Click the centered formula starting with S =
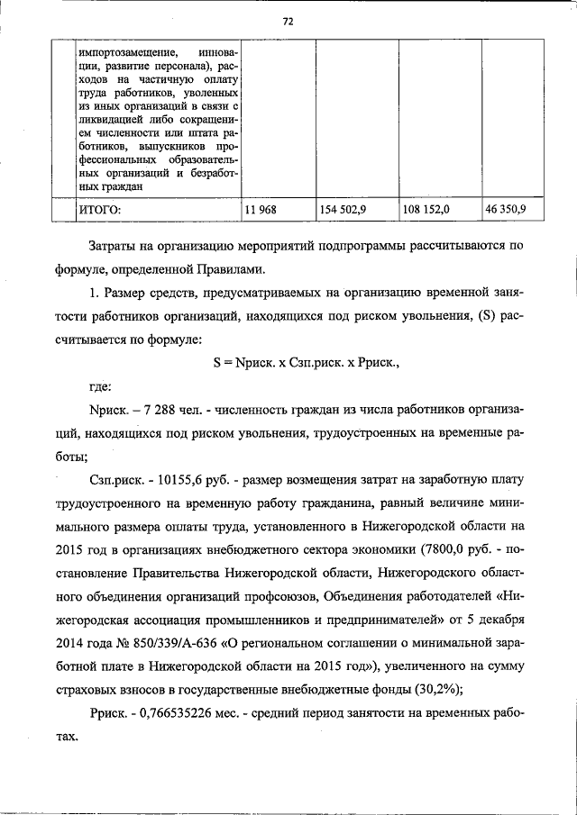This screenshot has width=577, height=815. click(306, 364)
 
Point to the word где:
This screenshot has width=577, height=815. click(101, 387)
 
